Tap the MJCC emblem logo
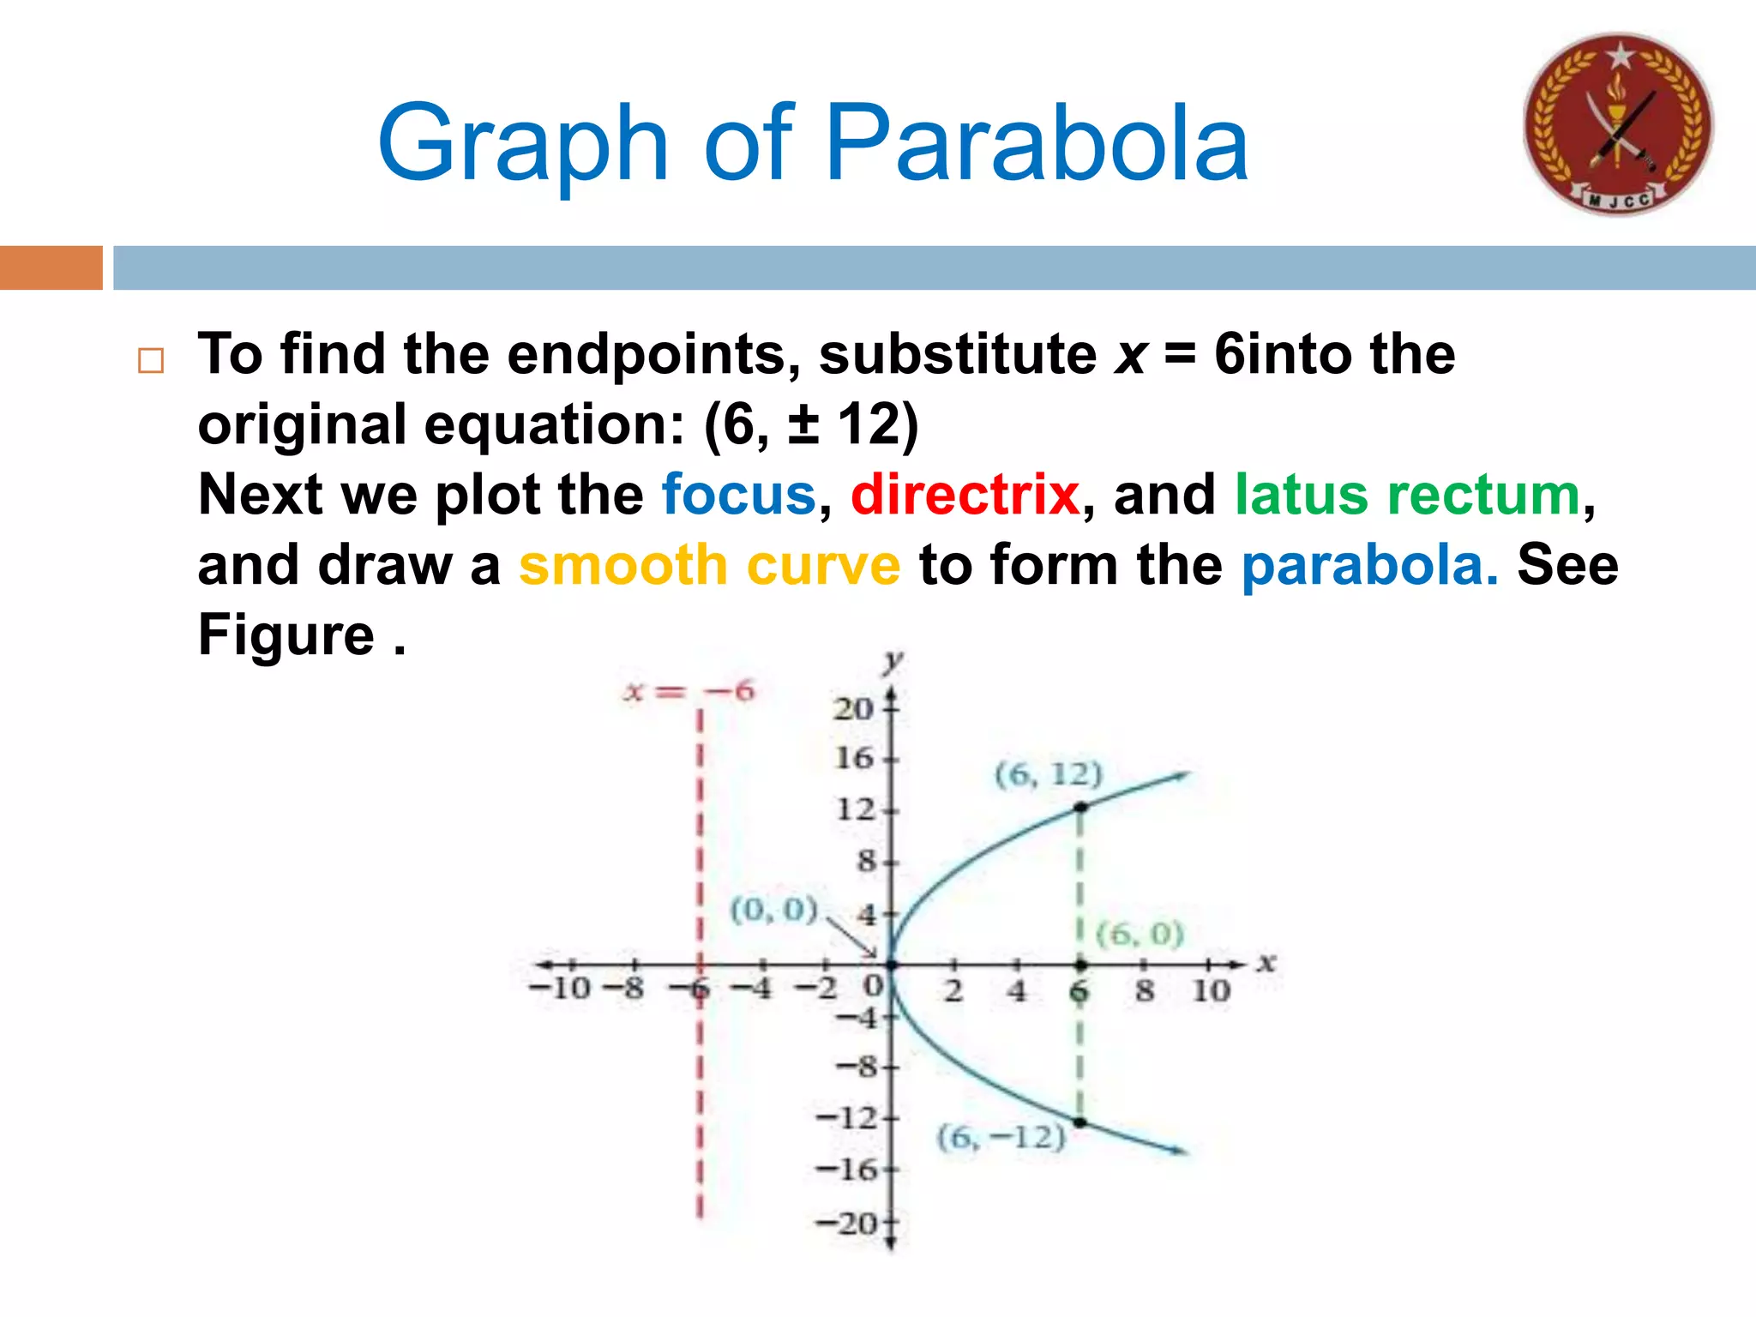tap(1618, 124)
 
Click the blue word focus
tap(738, 495)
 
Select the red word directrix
tap(965, 495)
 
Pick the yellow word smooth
tap(623, 565)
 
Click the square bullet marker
tap(151, 360)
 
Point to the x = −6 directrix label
tap(689, 691)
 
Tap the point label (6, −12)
tap(1001, 1138)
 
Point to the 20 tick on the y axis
tap(853, 708)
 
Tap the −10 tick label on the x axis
tap(560, 989)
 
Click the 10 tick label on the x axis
tap(1211, 991)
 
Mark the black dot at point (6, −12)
tap(1080, 1122)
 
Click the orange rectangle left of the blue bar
tap(51, 268)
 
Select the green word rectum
tap(1483, 495)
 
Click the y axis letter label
tap(893, 661)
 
